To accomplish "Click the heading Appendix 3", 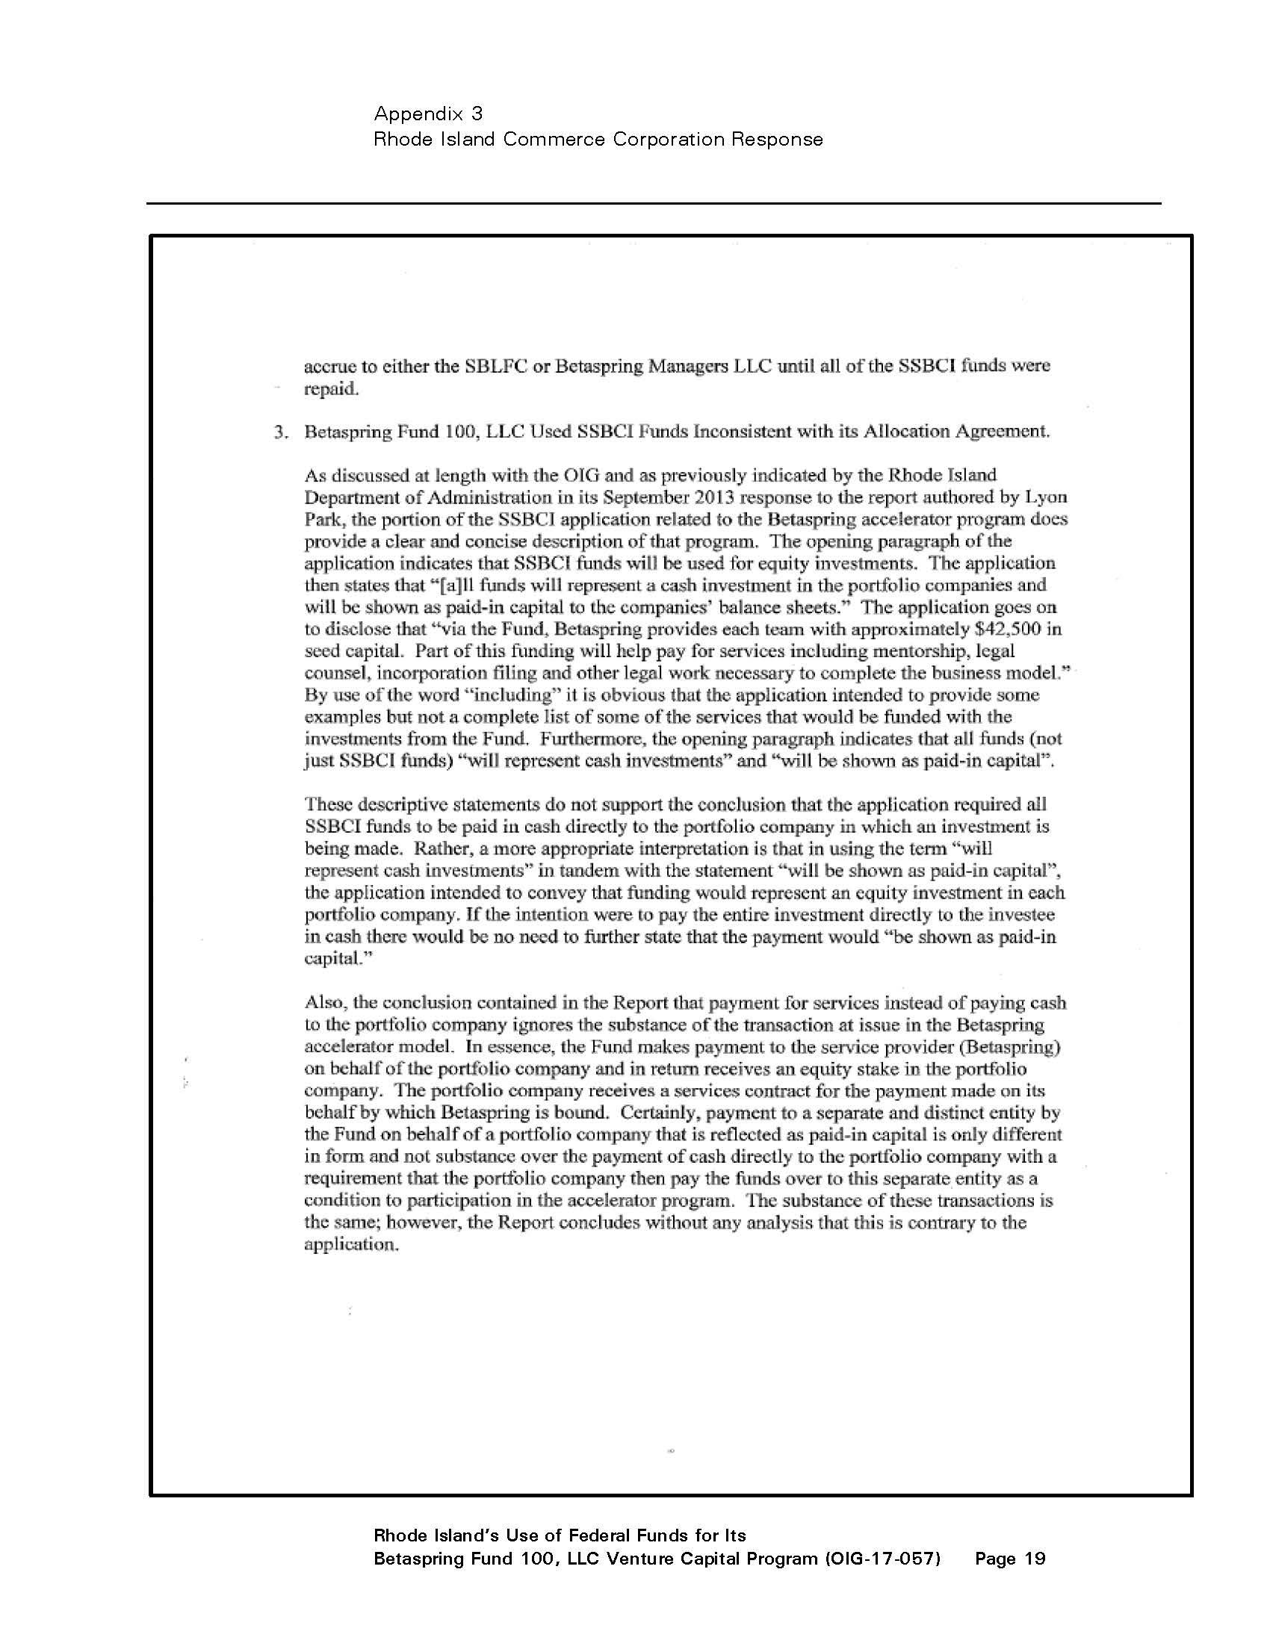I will (x=428, y=114).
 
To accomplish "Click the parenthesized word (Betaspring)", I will (x=994, y=1047).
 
